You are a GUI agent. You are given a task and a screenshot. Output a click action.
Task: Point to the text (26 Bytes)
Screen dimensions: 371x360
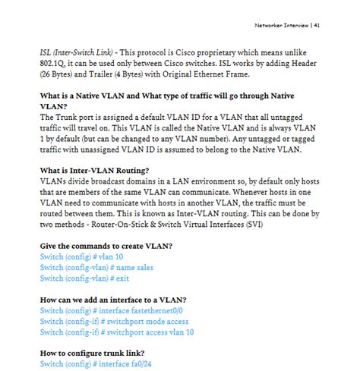60,74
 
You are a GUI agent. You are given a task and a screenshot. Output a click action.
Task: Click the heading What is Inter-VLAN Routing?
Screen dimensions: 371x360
94,171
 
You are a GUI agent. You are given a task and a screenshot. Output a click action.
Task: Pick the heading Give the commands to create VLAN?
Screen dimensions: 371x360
106,246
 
